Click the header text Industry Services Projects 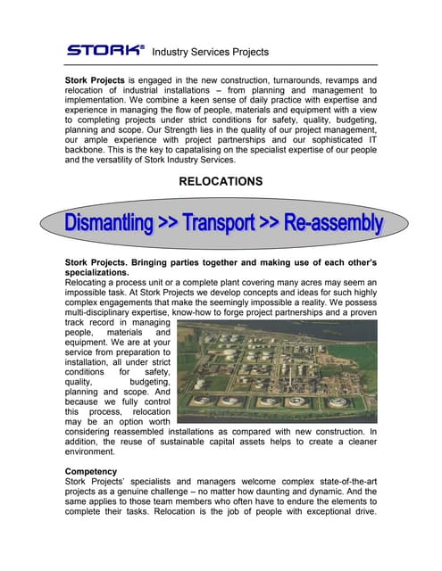211,52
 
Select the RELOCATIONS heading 221,181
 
